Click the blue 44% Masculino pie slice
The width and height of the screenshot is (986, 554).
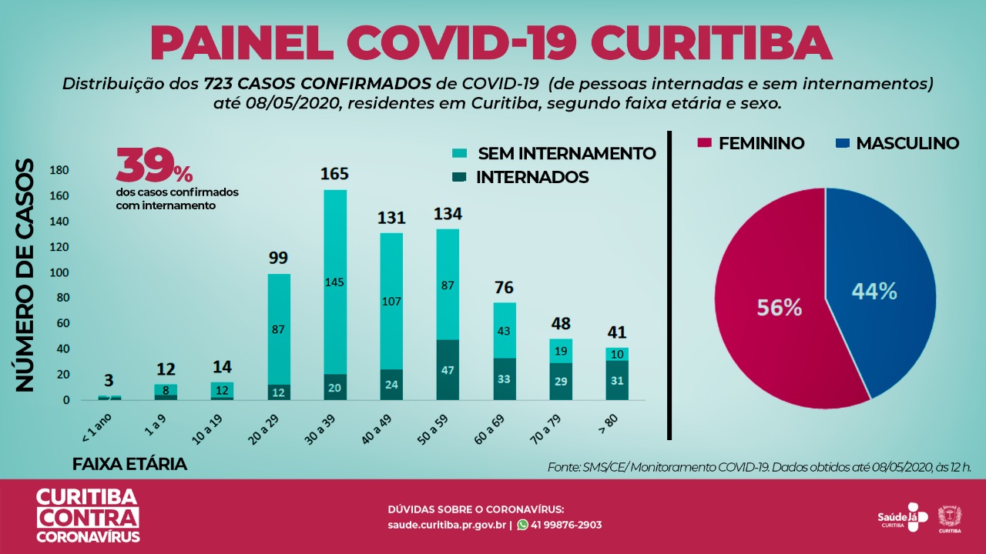click(x=878, y=292)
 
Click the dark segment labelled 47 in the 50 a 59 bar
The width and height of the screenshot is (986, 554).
click(x=448, y=369)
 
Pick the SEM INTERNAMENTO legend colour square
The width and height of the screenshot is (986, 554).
click(x=460, y=154)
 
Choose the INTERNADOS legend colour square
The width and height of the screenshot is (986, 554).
click(x=460, y=178)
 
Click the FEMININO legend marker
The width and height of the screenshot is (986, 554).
click(x=703, y=143)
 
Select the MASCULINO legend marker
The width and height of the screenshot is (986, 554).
click(x=842, y=143)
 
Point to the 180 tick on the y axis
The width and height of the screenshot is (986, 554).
click(x=59, y=170)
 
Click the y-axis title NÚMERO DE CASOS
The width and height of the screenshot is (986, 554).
click(x=26, y=275)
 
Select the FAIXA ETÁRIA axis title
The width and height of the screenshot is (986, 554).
click(x=129, y=465)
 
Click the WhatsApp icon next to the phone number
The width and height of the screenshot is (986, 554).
click(x=523, y=525)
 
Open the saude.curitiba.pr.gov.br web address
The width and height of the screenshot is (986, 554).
click(x=447, y=525)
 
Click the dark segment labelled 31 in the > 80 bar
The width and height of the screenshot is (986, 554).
click(x=616, y=380)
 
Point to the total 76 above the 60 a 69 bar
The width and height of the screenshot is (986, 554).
click(x=504, y=288)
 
